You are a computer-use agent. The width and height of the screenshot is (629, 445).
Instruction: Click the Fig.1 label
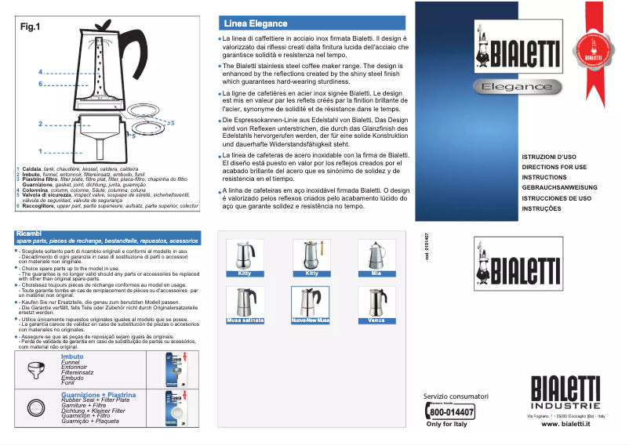click(30, 27)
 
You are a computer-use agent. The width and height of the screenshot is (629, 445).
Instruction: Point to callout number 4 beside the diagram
click(39, 72)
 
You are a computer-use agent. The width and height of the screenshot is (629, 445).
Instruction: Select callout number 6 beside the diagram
click(39, 83)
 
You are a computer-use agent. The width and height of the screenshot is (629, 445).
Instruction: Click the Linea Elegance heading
click(256, 24)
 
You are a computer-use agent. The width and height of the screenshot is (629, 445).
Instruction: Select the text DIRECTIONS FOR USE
click(554, 168)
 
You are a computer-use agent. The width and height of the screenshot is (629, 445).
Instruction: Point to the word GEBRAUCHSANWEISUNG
click(560, 188)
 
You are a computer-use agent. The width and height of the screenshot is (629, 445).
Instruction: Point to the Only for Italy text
click(446, 424)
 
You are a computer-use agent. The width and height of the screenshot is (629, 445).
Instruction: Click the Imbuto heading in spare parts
click(72, 356)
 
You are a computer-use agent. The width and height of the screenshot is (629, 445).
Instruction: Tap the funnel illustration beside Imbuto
click(37, 369)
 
